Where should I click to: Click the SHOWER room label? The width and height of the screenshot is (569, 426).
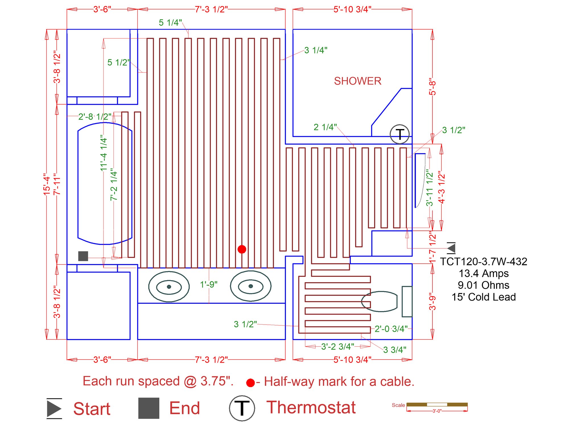click(357, 81)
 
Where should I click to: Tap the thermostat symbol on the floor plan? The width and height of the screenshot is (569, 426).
click(399, 134)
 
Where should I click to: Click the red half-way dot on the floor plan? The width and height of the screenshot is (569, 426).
click(242, 249)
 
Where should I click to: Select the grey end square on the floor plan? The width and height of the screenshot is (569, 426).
click(83, 256)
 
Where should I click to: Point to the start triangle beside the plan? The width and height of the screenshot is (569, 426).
click(452, 248)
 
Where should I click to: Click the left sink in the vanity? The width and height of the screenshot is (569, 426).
click(169, 286)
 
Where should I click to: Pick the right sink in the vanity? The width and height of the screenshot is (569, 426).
click(250, 286)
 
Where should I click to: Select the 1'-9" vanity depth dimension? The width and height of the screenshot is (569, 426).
click(209, 284)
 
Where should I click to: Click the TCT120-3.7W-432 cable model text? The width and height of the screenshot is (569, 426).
click(484, 261)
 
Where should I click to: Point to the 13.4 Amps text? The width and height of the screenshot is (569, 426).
click(484, 273)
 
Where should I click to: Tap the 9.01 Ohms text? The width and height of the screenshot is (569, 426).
click(484, 285)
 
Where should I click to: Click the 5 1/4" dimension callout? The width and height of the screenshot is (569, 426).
click(170, 22)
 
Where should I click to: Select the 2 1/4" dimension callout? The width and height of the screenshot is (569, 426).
click(325, 127)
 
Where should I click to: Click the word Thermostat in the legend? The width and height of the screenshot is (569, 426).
click(311, 407)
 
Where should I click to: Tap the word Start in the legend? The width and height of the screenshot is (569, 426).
click(92, 409)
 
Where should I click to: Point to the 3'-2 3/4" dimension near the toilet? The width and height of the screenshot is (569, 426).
click(337, 346)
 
